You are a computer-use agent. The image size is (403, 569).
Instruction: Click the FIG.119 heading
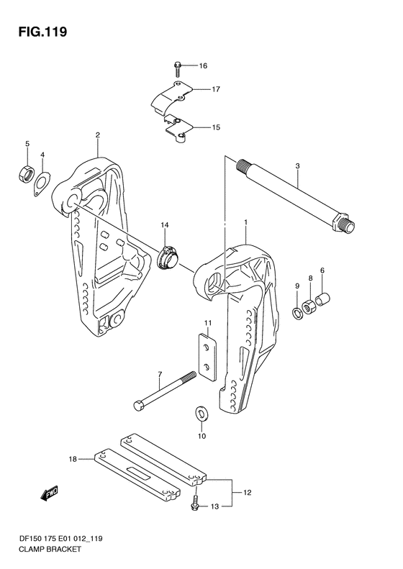tap(43, 32)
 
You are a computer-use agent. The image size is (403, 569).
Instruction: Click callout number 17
tap(216, 89)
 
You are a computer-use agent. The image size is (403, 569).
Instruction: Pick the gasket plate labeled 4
tap(42, 184)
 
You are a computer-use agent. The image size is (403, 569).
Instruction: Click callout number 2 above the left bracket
tap(98, 135)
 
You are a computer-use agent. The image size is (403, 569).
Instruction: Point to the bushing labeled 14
tap(168, 256)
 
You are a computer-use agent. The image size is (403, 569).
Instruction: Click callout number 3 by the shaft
tap(297, 166)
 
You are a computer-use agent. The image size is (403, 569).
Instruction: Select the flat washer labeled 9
tap(297, 313)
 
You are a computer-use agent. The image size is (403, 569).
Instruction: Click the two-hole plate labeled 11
tap(208, 357)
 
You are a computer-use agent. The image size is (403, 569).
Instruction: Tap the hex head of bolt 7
tap(139, 405)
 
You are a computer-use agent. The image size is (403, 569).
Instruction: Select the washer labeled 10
tap(200, 413)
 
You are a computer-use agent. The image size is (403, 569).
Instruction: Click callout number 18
tap(73, 460)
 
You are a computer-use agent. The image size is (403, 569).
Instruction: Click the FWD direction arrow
tap(49, 494)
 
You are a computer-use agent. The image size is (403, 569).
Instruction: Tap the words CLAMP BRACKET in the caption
tap(50, 549)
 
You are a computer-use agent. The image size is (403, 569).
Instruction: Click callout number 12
tap(247, 493)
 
